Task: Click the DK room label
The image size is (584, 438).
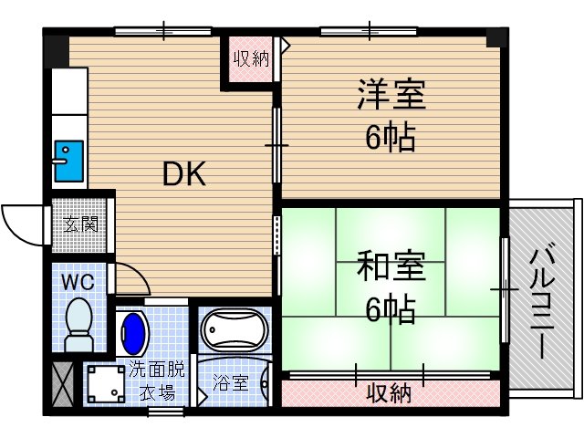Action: [185, 172]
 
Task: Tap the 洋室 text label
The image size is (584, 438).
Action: [391, 95]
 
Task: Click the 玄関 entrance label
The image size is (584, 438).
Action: [81, 223]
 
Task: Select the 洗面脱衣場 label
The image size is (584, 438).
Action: [155, 381]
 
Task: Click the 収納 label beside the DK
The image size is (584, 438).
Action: [250, 60]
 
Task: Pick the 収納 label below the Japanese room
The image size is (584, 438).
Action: [389, 393]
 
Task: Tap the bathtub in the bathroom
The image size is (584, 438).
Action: [233, 332]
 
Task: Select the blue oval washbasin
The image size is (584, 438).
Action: [133, 334]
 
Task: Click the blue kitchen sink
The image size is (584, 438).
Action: [67, 160]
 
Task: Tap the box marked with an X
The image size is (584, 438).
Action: [64, 383]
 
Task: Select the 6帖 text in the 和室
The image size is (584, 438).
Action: [390, 310]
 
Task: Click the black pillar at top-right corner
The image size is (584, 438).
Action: [498, 38]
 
